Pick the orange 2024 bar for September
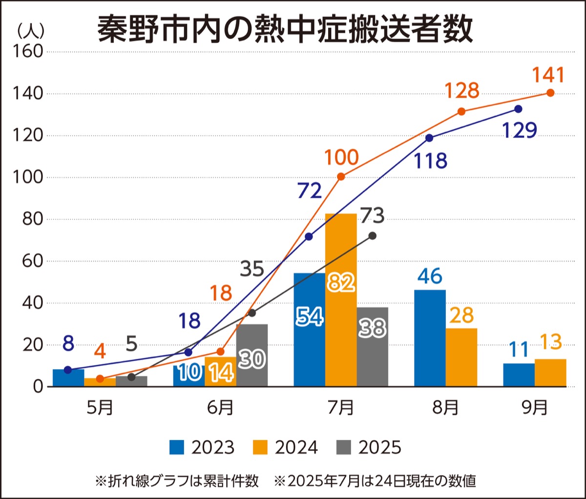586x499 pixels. click(550, 373)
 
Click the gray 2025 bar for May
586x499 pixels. click(131, 381)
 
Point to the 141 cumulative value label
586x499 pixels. click(548, 75)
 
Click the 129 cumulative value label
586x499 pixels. click(520, 130)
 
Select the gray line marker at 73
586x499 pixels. click(373, 236)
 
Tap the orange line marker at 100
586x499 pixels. click(341, 176)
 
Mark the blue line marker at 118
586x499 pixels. click(429, 138)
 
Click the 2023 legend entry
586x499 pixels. click(202, 447)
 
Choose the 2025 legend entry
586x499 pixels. click(369, 447)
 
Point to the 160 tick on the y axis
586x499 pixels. click(28, 51)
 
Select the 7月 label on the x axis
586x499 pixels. click(341, 407)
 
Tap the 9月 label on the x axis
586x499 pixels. click(535, 407)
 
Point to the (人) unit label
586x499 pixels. click(31, 31)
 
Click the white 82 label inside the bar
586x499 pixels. click(341, 282)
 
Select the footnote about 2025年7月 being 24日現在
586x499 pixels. click(375, 481)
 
